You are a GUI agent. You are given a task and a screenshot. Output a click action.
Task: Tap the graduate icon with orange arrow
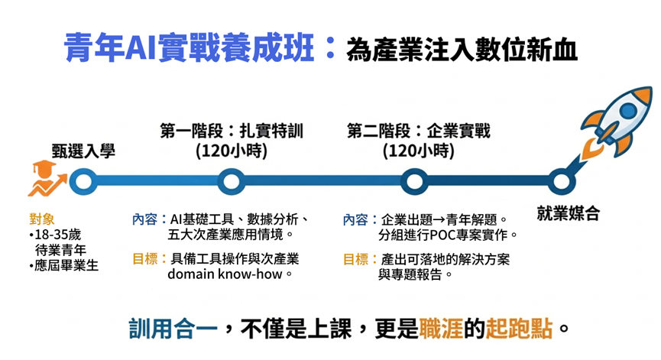(47, 178)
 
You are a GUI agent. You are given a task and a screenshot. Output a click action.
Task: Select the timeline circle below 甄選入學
(83, 182)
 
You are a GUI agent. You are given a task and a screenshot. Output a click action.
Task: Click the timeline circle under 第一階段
(231, 182)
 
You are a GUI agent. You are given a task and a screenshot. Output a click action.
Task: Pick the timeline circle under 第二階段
(414, 182)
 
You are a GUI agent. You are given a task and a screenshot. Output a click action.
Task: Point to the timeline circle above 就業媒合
(561, 182)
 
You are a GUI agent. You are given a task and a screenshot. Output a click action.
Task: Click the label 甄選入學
(83, 151)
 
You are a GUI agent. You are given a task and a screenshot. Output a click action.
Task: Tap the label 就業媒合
(568, 213)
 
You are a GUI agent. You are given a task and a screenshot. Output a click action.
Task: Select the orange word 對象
(42, 219)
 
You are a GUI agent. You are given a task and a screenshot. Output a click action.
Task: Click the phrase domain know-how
(225, 274)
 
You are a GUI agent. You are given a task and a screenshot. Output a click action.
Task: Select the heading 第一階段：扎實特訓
(232, 131)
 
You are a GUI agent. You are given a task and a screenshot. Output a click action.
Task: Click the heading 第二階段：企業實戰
(419, 131)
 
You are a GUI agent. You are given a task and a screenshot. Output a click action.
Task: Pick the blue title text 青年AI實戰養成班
(189, 47)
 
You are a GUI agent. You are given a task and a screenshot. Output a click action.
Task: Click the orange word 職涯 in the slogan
(440, 329)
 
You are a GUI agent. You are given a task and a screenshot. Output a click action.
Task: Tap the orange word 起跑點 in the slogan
(519, 329)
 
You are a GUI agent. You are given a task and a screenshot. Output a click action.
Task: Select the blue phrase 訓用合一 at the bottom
(173, 329)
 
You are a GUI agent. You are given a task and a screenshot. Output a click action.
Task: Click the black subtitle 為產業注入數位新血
(462, 50)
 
